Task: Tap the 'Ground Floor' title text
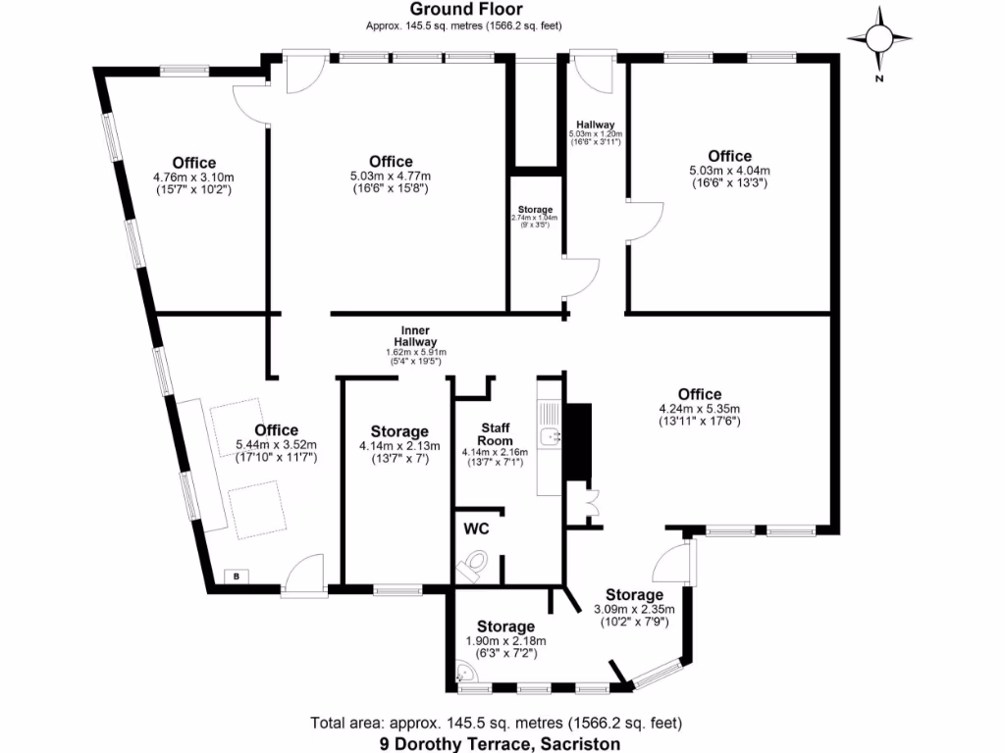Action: (x=463, y=9)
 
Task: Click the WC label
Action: (x=477, y=528)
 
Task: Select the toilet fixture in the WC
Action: (x=473, y=565)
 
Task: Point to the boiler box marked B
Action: (x=236, y=577)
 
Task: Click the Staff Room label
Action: (x=495, y=434)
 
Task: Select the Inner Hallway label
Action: (x=416, y=336)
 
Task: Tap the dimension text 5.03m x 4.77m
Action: (x=391, y=176)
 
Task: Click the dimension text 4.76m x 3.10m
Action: (x=193, y=177)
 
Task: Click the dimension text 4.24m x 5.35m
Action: (x=699, y=409)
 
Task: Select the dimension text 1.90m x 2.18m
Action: (x=505, y=641)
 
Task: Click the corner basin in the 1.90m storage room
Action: (x=465, y=674)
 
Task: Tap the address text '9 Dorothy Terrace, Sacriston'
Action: (x=501, y=743)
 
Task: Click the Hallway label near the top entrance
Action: (x=596, y=125)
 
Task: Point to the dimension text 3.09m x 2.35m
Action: (x=634, y=609)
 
